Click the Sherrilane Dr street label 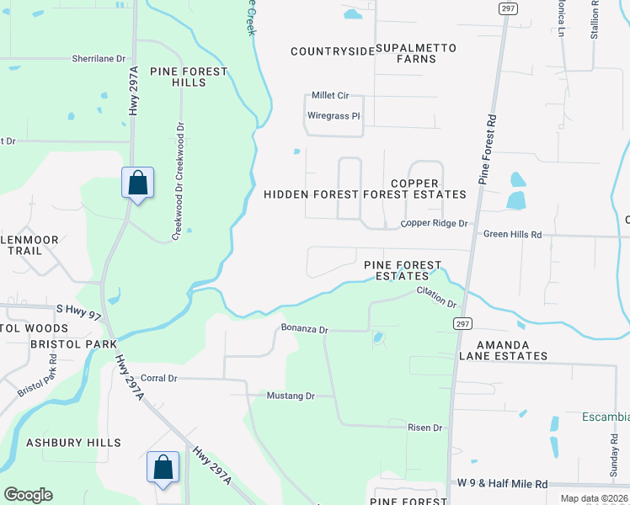98,59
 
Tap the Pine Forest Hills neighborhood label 189,77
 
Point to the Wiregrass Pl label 334,115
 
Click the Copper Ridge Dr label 434,223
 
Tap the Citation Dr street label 436,297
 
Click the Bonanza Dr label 304,329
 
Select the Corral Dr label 159,379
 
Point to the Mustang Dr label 290,396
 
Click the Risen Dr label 424,428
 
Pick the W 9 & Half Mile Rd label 503,484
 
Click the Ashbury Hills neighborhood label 73,443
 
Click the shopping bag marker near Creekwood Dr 137,183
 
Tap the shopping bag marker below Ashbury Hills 163,468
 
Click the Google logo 28,495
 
